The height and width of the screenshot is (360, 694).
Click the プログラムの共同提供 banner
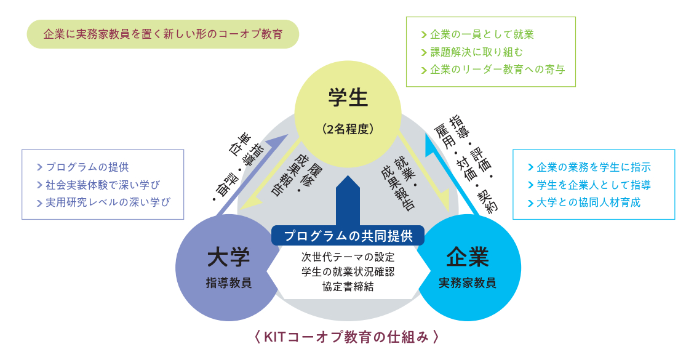point(348,236)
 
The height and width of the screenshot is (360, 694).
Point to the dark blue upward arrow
point(348,200)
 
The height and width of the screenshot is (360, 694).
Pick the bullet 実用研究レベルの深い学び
point(107,202)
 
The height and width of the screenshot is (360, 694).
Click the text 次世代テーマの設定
point(348,257)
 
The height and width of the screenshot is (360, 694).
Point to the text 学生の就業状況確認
point(348,271)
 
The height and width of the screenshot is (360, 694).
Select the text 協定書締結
point(348,286)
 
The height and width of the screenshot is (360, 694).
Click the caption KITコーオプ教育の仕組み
point(346,337)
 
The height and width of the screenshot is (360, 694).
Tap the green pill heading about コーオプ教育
point(162,34)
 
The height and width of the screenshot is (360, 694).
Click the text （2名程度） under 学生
point(348,129)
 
